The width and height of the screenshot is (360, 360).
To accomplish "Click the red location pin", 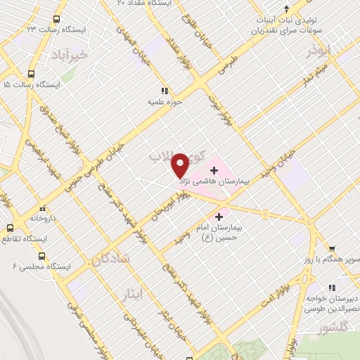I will tap(180, 165).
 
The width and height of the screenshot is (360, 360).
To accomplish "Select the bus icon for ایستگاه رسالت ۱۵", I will tap(31, 74).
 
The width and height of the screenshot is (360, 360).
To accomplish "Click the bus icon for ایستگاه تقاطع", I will tap(11, 228).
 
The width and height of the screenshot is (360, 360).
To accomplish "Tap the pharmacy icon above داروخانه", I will tap(44, 207).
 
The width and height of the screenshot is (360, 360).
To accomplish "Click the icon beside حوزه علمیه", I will tap(165, 90).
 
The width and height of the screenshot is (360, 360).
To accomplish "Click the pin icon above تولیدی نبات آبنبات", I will tap(286, 8).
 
